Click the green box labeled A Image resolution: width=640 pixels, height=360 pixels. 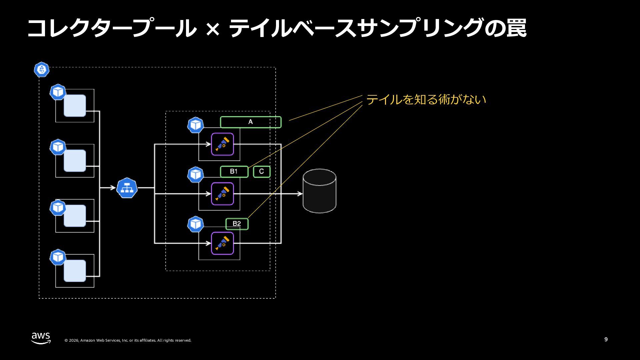click(x=251, y=122)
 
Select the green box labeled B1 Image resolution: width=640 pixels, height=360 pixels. click(x=234, y=172)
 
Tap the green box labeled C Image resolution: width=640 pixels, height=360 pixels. click(x=262, y=172)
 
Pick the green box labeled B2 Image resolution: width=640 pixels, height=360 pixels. click(x=237, y=224)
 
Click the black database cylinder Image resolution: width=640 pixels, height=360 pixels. click(x=319, y=191)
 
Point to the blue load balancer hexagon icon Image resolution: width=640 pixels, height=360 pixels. click(x=127, y=188)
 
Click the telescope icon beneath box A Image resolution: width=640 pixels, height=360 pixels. click(x=222, y=144)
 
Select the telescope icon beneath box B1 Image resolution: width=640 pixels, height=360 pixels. click(x=222, y=194)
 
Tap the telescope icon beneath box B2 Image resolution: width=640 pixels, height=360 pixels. click(x=222, y=243)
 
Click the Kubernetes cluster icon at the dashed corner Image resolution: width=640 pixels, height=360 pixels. click(x=42, y=70)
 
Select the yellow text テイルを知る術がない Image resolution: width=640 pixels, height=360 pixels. click(x=426, y=99)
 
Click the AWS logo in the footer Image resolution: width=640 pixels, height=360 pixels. click(x=41, y=338)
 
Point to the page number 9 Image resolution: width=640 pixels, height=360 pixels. click(x=606, y=339)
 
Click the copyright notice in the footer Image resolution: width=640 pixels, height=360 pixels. click(x=128, y=340)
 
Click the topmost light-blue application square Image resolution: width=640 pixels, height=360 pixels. click(x=75, y=106)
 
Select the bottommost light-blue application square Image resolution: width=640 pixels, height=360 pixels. click(x=75, y=271)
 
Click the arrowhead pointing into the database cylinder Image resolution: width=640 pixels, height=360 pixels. click(x=300, y=194)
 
